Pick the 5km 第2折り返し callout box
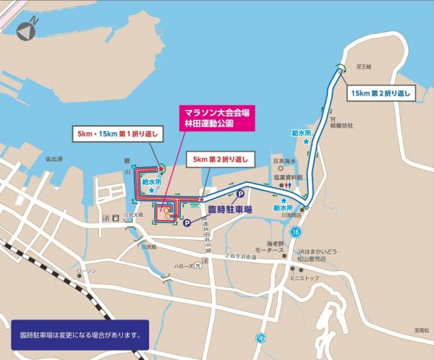(x=219, y=158)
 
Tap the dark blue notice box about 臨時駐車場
(x=80, y=335)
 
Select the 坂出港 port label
(x=56, y=158)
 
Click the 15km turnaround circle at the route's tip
(x=339, y=69)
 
